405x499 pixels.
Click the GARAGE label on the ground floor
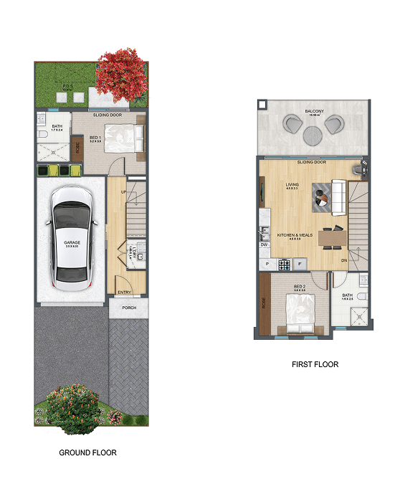click(72, 243)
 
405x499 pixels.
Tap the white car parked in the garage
click(72, 238)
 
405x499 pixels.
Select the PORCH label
click(129, 308)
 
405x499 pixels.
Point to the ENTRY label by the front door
click(124, 292)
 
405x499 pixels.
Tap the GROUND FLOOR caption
click(87, 452)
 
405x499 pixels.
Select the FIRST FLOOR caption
click(315, 364)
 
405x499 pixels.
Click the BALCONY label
click(313, 111)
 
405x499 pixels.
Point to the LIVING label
click(292, 185)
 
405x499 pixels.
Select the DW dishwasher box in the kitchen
click(264, 244)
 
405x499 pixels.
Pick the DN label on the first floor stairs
click(344, 260)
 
